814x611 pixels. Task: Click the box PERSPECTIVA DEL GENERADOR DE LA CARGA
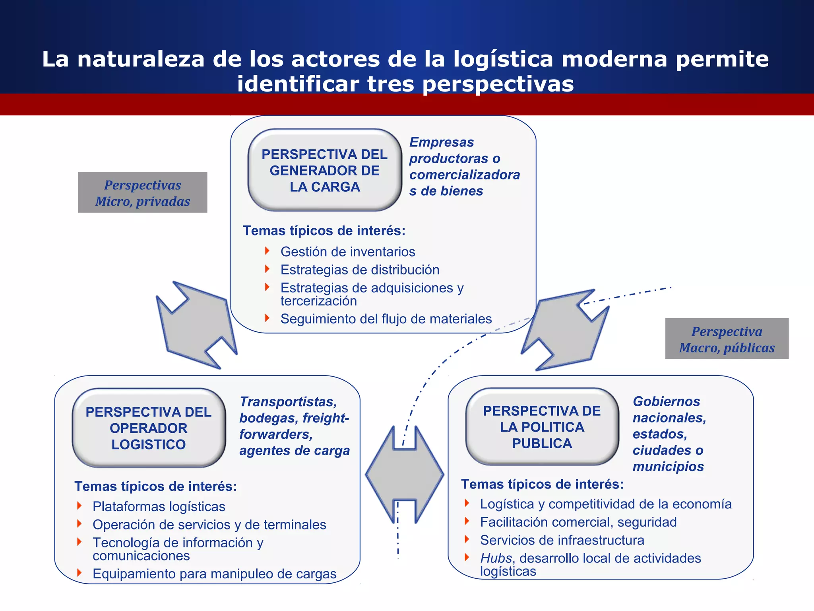324,170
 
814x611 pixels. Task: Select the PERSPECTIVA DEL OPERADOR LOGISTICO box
149,428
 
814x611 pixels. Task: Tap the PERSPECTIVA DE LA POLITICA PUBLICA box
542,427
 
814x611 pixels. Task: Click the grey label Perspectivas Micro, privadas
143,193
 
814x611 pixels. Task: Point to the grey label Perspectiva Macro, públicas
727,339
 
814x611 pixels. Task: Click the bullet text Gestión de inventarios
347,252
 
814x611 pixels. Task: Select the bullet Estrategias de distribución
360,270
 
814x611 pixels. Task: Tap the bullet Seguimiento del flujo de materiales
386,319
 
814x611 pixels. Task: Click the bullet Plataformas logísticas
159,506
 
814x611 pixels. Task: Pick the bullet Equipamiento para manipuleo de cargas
214,574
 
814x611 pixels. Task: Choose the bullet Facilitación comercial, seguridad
578,522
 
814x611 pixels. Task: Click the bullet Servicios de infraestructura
562,540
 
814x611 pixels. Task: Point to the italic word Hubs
496,558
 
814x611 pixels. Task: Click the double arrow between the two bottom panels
405,474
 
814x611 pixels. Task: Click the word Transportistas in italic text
288,402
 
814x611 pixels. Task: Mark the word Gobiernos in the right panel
666,401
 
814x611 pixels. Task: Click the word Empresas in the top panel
442,142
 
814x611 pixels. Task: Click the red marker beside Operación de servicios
79,524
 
